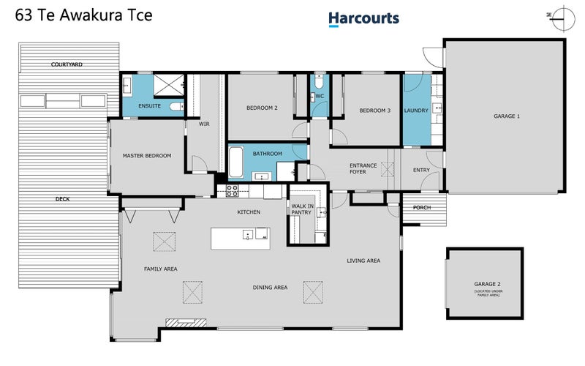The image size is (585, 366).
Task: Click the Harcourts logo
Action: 363,18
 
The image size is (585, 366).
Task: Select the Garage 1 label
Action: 506,116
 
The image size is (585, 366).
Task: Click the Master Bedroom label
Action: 146,156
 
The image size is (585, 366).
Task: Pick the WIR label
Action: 204,124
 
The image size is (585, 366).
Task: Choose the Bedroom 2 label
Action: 262,108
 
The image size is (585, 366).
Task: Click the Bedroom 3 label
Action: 374,111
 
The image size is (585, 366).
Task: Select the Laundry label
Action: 415,111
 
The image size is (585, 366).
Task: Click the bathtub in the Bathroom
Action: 236,162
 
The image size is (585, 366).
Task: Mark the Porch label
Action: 422,208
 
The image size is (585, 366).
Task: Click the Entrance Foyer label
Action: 363,168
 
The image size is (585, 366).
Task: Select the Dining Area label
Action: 270,288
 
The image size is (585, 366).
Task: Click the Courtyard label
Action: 67,64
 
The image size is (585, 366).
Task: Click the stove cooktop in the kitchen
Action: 233,191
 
